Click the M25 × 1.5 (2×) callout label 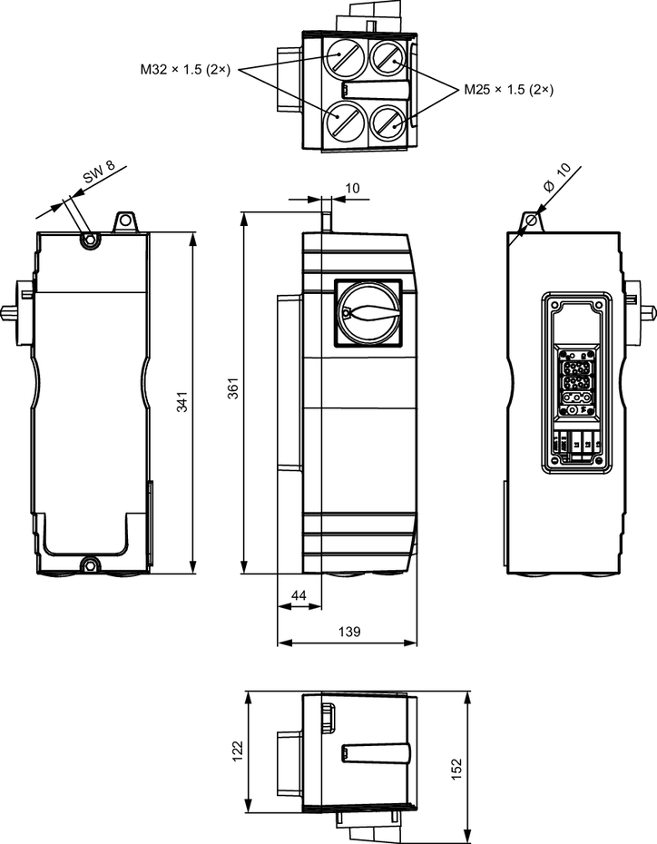(508, 90)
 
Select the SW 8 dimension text (99, 177)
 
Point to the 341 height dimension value (181, 402)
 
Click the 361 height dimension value (233, 391)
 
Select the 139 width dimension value (347, 631)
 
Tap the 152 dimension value (456, 768)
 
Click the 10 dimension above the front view (353, 188)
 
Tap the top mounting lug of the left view (123, 221)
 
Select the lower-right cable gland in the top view (390, 121)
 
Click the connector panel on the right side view (574, 382)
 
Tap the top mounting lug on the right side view (533, 221)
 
